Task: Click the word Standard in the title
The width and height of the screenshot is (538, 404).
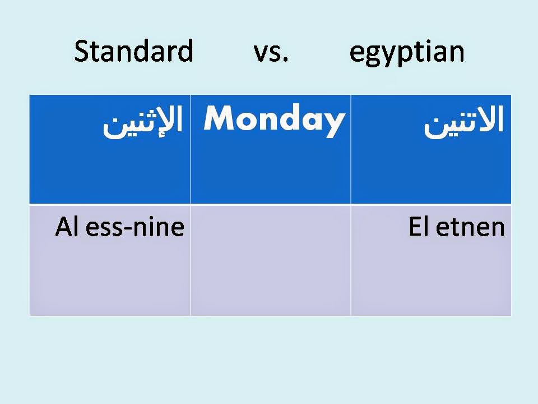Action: point(133,52)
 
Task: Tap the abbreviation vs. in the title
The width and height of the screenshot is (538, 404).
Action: point(271,52)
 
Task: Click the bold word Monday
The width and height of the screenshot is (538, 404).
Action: point(273,120)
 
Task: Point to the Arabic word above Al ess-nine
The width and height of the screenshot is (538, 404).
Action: point(143,123)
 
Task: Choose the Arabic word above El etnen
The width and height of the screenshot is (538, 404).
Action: point(464,123)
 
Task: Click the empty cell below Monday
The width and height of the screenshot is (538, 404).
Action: point(271,260)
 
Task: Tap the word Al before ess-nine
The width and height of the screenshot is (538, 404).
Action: point(66,227)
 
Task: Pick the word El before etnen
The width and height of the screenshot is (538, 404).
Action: point(419,227)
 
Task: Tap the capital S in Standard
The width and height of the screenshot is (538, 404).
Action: point(82,52)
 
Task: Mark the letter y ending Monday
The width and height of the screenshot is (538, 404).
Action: point(334,123)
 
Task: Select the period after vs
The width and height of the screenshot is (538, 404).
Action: point(285,59)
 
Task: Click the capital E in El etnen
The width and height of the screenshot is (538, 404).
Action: point(415,227)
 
